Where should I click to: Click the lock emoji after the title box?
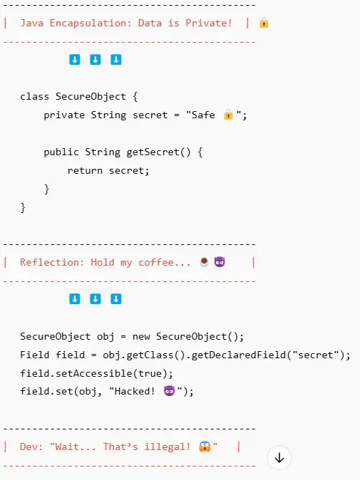264,23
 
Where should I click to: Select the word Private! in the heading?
209,23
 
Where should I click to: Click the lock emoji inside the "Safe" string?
228,115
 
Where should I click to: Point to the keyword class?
35,96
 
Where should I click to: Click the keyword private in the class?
64,115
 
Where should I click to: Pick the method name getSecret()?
158,152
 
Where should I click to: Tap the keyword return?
85,170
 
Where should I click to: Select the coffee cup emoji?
204,262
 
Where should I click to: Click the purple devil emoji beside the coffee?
220,262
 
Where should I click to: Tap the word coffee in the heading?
156,262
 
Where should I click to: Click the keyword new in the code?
141,337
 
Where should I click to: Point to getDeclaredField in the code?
238,355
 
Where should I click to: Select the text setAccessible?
93,373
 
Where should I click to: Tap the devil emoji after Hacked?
169,391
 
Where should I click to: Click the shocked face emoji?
205,447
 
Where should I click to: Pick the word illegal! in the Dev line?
168,447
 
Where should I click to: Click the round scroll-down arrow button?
279,458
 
